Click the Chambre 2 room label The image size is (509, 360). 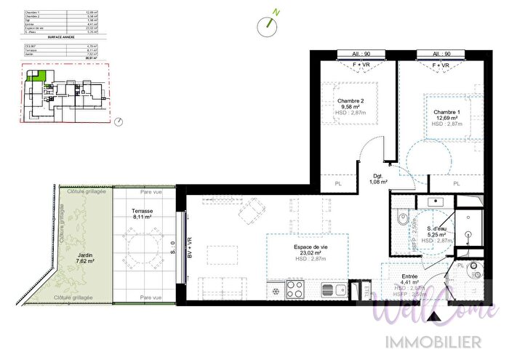point(350,101)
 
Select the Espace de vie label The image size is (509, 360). point(310,247)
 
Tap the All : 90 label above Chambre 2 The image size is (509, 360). point(350,54)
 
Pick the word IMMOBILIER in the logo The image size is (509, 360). point(436,341)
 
